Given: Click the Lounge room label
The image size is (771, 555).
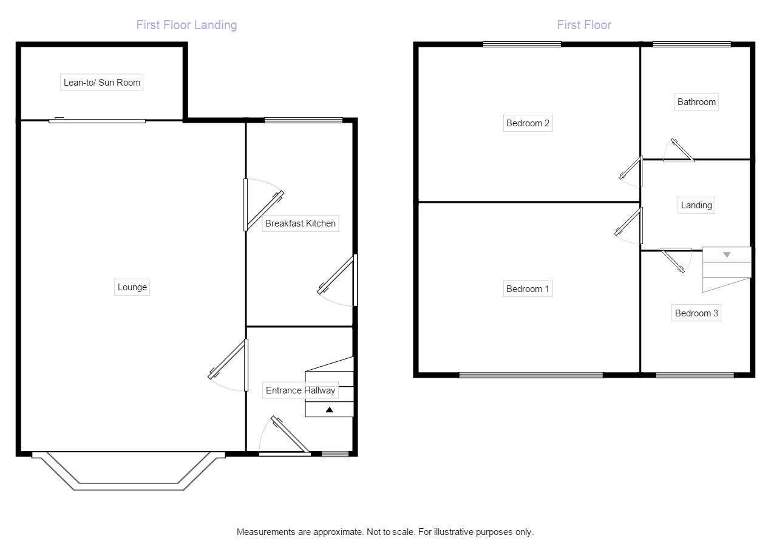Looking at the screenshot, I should pos(132,287).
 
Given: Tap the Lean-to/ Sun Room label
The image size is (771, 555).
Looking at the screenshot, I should pos(101,83).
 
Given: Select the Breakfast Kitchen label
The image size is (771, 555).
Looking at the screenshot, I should pos(300,223).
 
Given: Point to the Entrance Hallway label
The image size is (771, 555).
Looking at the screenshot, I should pos(300,390).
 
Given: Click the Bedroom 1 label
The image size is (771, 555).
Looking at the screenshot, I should pos(528,289).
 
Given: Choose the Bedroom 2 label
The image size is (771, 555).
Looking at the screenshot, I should pos(528,123).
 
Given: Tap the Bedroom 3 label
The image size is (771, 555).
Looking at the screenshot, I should pos(696,313).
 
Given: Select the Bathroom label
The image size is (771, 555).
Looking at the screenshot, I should pos(696,102).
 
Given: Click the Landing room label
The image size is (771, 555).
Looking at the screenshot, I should pos(696,205).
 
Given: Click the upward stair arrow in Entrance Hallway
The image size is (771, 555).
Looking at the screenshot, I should pos(329,410).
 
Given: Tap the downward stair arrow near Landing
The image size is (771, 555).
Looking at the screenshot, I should pos(726,254).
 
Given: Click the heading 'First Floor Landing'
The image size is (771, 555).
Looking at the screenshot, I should pos(186,25).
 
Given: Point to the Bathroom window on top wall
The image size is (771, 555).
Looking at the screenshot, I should pos(691,44).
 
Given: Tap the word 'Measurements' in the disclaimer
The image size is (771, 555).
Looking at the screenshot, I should pos(265,532).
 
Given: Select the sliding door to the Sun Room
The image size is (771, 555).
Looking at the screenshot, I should pos(97,120).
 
